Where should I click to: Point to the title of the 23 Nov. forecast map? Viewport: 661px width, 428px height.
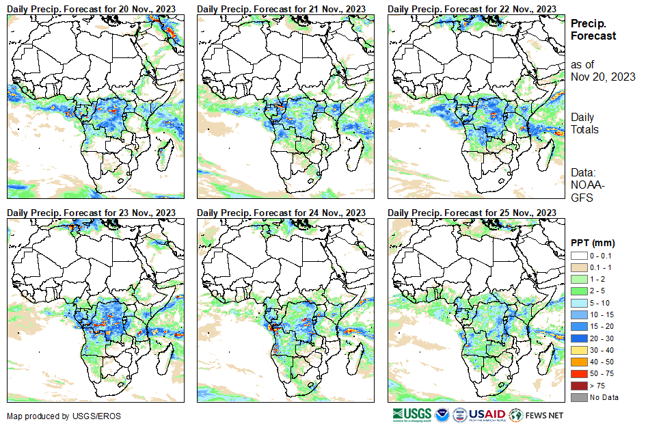click(91, 213)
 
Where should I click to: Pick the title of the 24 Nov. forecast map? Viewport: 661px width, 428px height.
click(281, 213)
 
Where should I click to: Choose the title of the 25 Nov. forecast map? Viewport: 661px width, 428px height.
click(472, 213)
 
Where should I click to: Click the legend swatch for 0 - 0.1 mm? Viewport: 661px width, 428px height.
click(579, 255)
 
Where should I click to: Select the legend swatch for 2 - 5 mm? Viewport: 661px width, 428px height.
click(579, 291)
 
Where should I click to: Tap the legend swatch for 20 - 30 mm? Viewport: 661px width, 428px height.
click(579, 338)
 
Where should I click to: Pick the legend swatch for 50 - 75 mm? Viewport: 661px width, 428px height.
click(579, 373)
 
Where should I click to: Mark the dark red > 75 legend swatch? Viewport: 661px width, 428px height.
click(579, 386)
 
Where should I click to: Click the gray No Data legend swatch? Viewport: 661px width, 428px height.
click(579, 397)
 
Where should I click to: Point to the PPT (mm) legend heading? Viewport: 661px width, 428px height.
click(593, 243)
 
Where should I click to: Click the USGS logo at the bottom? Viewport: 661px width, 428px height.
click(412, 415)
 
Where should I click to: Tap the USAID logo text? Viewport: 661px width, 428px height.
click(487, 415)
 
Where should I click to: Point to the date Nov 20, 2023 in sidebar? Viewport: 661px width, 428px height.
click(603, 77)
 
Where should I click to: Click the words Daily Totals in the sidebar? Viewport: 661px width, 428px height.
click(584, 123)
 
